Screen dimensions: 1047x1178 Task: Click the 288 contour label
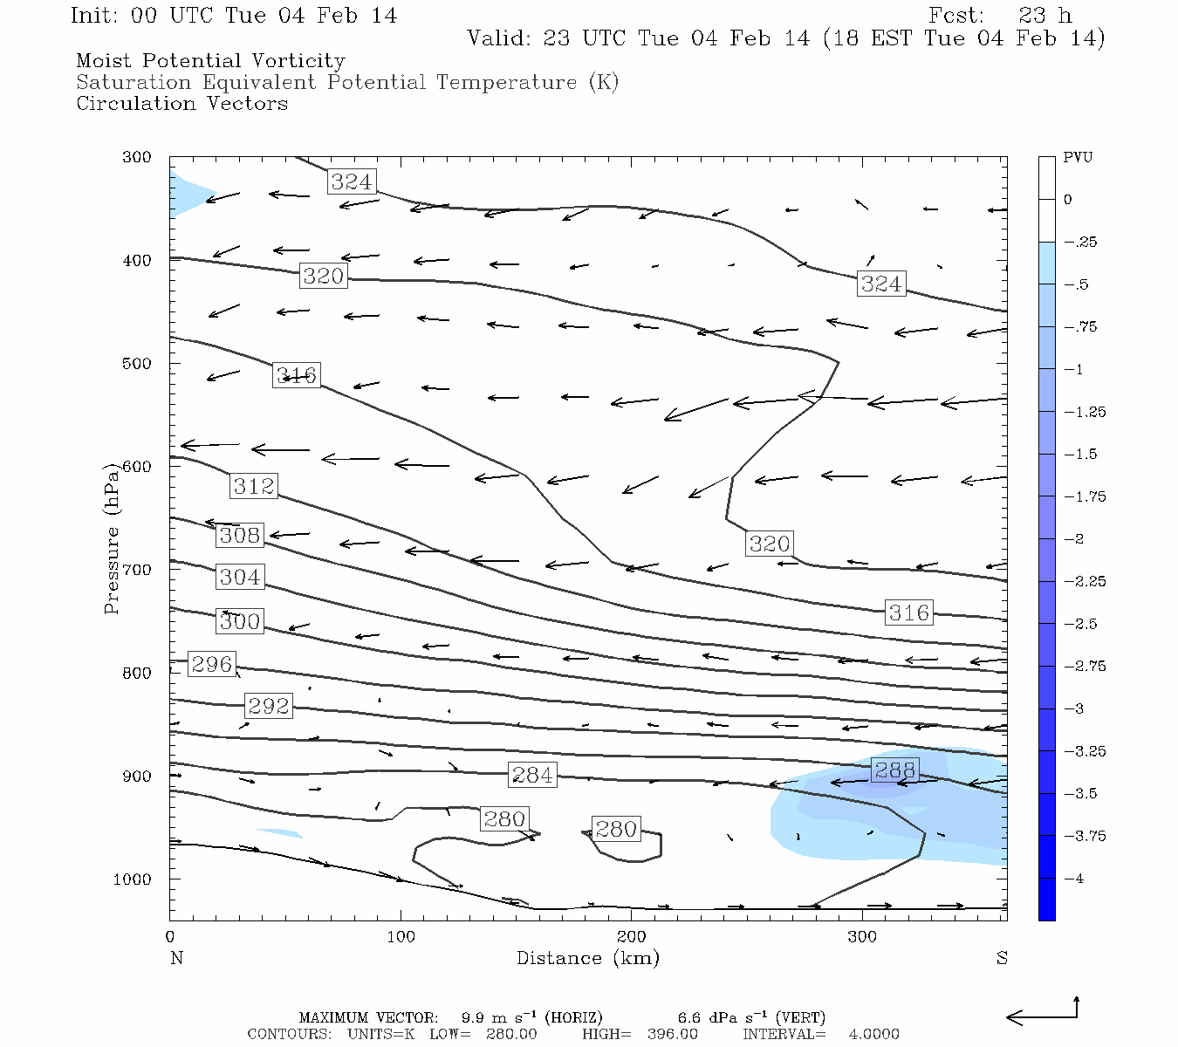[x=895, y=770]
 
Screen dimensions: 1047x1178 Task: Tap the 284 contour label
[x=532, y=775]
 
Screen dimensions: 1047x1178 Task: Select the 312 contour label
[x=254, y=486]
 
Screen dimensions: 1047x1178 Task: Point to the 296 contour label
[x=212, y=664]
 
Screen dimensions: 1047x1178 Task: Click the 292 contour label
[x=268, y=706]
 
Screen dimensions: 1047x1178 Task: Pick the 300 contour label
[x=240, y=622]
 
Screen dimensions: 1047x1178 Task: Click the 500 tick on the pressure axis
[x=137, y=364]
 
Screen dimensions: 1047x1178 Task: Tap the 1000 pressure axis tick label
[x=133, y=879]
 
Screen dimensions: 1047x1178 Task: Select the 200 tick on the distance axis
[x=631, y=937]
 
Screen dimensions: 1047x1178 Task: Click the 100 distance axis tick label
[x=401, y=937]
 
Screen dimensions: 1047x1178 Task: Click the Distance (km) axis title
[x=588, y=958]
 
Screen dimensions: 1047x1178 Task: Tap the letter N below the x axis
[x=176, y=958]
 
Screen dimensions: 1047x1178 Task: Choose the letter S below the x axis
[x=1002, y=958]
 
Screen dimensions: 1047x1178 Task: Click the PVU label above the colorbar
[x=1078, y=158]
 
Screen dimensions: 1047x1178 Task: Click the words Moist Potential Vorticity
[x=210, y=61]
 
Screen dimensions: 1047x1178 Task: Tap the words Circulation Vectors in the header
[x=181, y=104]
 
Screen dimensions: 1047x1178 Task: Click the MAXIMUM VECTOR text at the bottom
[x=368, y=1017]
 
